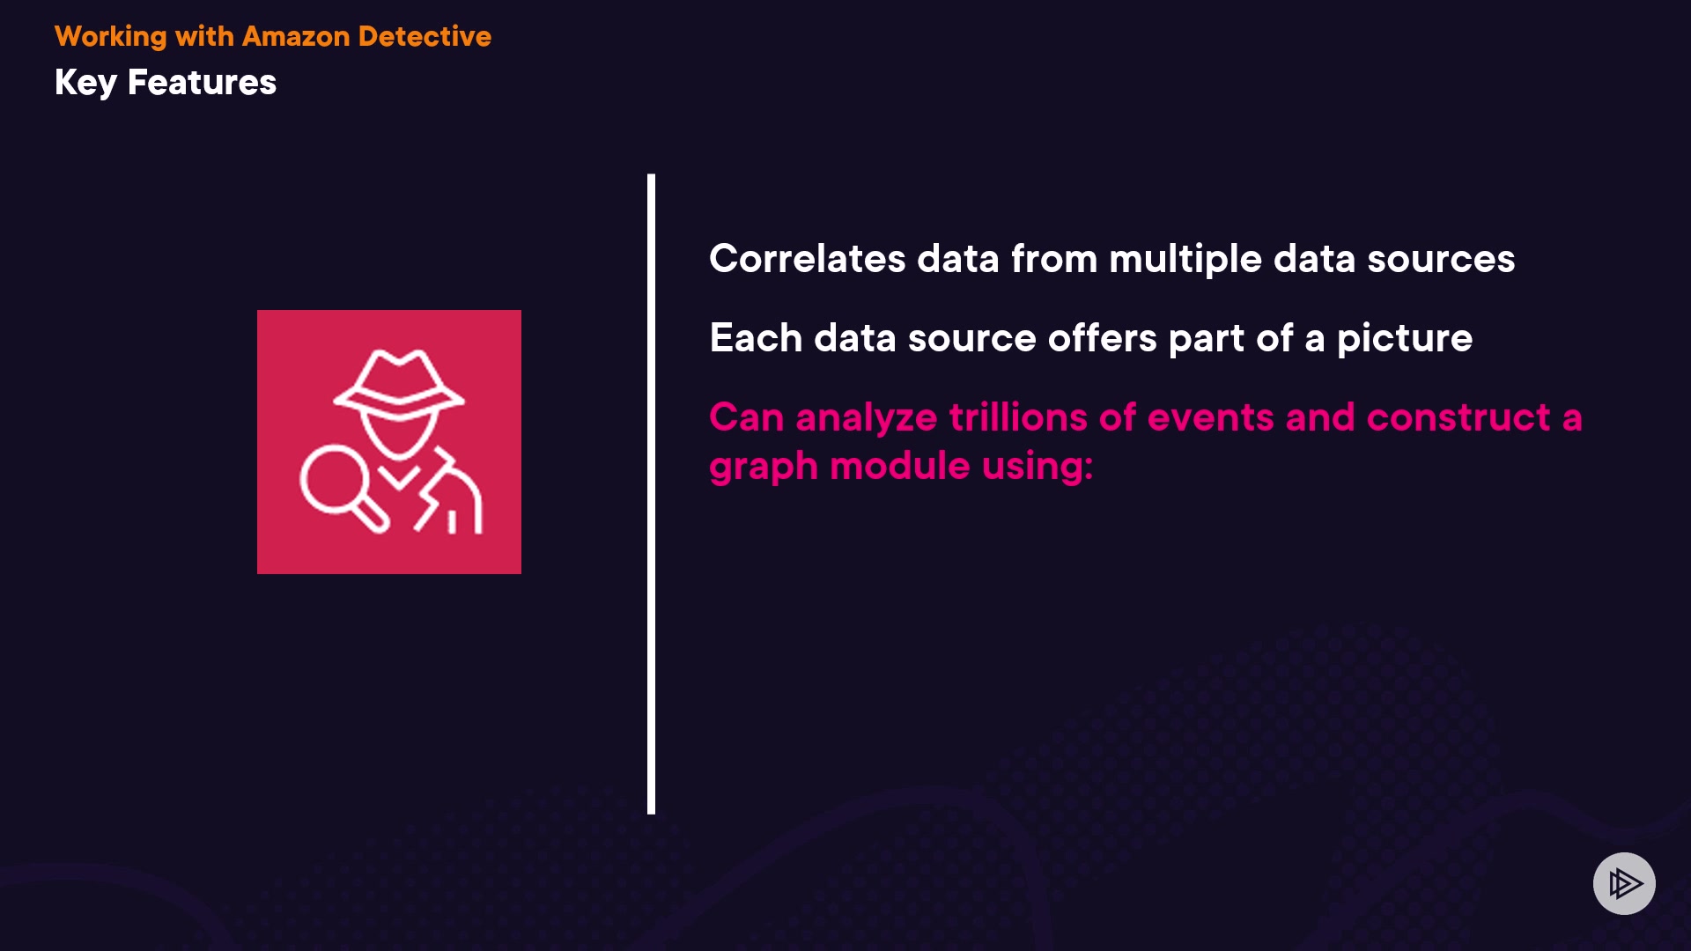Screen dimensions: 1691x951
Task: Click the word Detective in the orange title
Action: (x=425, y=36)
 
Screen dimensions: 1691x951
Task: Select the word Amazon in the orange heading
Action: (x=296, y=36)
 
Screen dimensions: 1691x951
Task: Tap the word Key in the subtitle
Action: (x=85, y=83)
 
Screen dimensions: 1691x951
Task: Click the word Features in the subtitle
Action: (x=202, y=82)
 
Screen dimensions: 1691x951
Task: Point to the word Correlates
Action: (x=808, y=259)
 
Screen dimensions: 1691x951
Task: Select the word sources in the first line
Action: (x=1441, y=260)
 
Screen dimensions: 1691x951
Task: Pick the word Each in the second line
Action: (x=756, y=338)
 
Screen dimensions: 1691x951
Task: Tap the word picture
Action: (x=1405, y=339)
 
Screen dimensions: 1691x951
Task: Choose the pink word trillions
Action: (x=1042, y=417)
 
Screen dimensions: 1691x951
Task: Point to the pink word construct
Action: (x=1458, y=417)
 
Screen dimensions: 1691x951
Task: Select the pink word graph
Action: (x=764, y=467)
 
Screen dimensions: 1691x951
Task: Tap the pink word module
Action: (x=900, y=466)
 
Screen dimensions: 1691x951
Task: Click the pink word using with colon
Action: (x=1037, y=467)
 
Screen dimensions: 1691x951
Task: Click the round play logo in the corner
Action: (x=1624, y=883)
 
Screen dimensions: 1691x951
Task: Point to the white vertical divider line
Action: (x=651, y=494)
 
